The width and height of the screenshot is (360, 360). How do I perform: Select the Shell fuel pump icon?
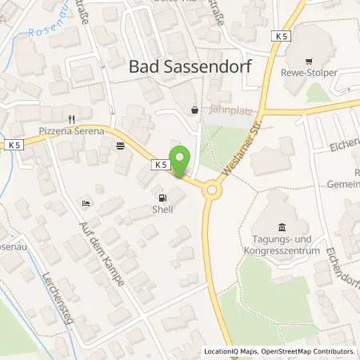coord(164,198)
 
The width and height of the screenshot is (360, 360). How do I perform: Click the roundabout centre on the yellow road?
coord(212,190)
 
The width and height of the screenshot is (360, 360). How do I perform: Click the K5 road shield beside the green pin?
coord(160,164)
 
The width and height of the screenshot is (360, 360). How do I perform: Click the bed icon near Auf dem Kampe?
coord(86,204)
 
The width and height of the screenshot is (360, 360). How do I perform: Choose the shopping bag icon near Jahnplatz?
coord(195,110)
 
